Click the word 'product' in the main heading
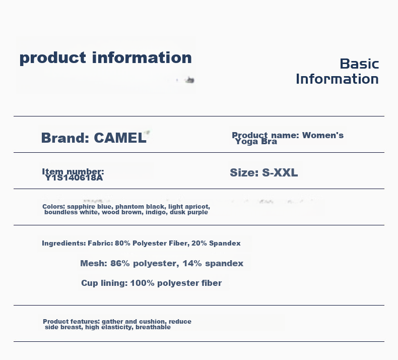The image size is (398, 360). (53, 58)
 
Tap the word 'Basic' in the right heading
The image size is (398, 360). (359, 64)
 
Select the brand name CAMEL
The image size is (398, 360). (120, 138)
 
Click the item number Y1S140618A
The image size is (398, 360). (74, 178)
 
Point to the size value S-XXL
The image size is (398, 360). (280, 173)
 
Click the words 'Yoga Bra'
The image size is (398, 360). (256, 142)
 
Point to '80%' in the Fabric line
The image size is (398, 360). (122, 244)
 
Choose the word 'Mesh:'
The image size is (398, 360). (94, 264)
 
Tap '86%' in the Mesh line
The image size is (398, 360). (120, 264)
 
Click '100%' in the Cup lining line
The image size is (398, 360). (142, 283)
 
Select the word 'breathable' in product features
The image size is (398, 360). (153, 327)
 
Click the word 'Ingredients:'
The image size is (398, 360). (63, 244)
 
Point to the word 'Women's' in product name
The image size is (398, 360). (322, 136)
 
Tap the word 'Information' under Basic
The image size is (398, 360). (338, 79)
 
